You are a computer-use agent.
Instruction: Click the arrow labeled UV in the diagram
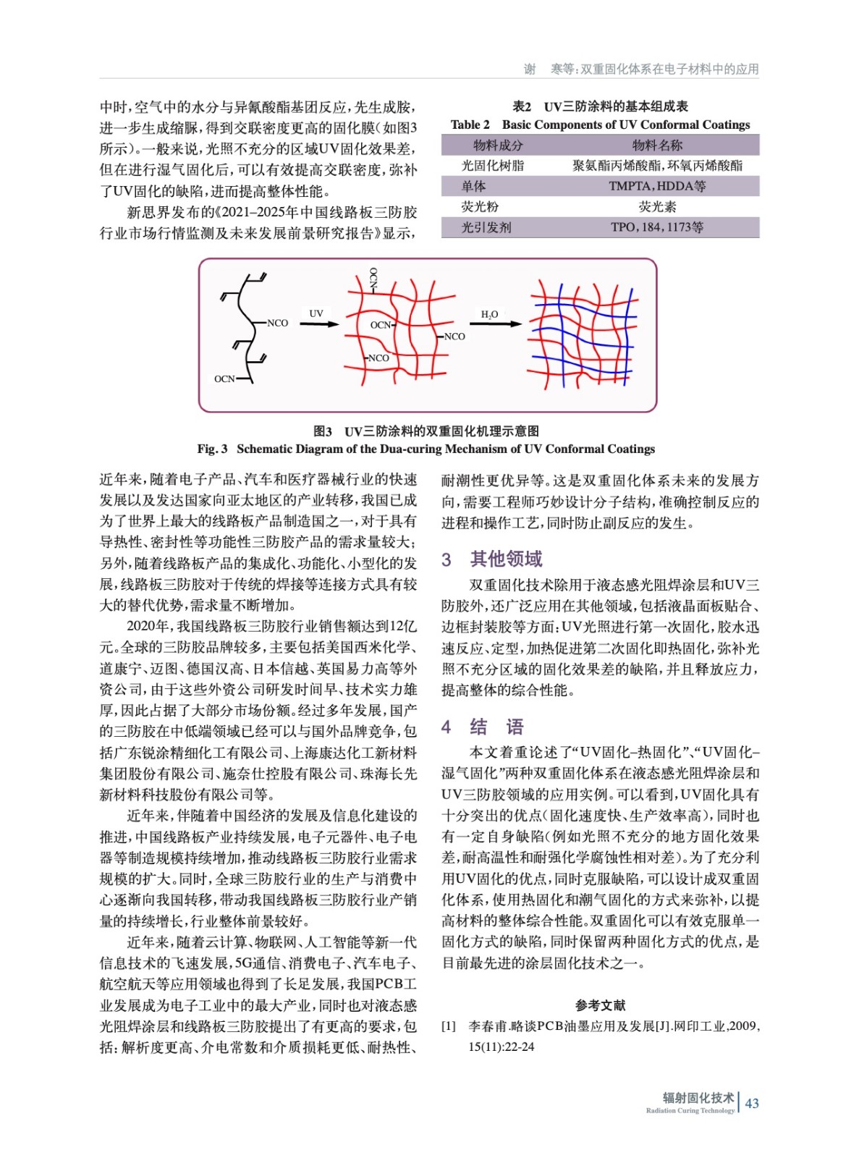pos(319,324)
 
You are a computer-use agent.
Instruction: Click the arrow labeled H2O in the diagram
pos(496,324)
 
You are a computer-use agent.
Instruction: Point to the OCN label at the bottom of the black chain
pos(224,379)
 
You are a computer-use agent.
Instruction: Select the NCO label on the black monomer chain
pos(277,323)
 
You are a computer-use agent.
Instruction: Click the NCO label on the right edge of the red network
pos(454,337)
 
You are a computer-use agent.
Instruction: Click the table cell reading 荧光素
pos(657,206)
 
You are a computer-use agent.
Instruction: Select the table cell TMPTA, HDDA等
pos(657,186)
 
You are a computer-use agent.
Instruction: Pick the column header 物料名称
pos(657,145)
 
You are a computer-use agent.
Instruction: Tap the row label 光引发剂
pos(486,227)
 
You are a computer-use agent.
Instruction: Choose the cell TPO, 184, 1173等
pos(657,227)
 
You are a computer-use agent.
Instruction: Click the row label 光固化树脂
pos(493,165)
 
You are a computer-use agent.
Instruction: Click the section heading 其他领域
pos(506,559)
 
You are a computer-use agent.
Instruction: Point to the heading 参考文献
pos(600,1005)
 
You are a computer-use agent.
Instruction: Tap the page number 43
pos(752,1103)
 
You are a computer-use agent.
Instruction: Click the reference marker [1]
pos(449,1026)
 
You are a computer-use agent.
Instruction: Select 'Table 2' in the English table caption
pos(470,124)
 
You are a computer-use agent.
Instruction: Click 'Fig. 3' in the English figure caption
pos(212,449)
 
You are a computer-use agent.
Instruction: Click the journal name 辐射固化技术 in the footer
pos(698,1098)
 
